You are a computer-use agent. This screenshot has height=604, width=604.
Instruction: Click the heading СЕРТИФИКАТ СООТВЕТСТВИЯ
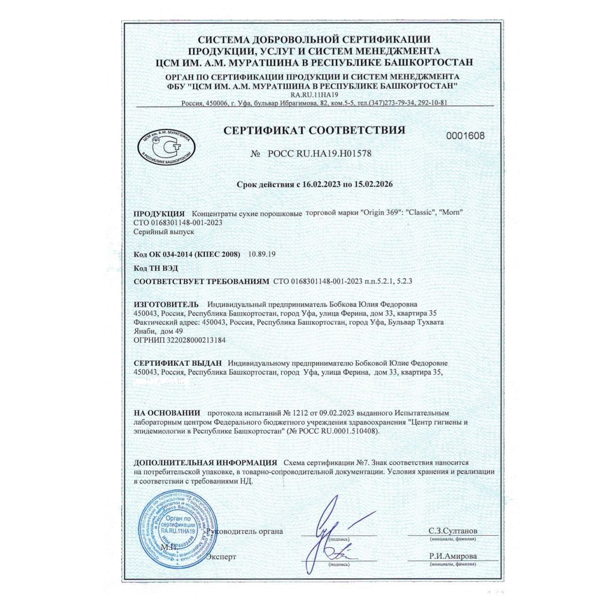click(x=314, y=130)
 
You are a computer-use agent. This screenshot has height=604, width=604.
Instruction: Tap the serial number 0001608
click(x=465, y=136)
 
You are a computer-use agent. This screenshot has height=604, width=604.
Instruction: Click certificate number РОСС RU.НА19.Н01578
click(x=319, y=153)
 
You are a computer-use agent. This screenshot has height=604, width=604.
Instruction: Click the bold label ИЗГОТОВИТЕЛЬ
click(x=167, y=304)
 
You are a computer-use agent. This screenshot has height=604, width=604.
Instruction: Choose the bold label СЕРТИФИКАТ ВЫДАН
click(x=178, y=363)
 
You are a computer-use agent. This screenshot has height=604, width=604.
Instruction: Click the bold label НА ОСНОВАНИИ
click(x=167, y=413)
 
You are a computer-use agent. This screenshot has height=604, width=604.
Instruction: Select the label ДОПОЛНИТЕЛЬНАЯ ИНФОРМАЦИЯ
click(x=206, y=462)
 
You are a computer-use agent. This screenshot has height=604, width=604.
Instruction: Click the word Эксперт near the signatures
click(x=221, y=557)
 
